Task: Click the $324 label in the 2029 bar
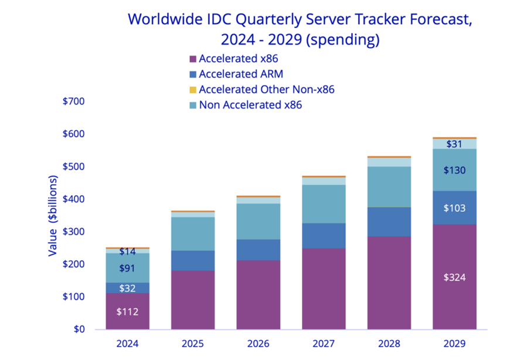(454, 277)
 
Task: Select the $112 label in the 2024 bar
(127, 311)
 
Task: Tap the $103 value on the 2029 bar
(454, 208)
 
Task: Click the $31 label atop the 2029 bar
(454, 144)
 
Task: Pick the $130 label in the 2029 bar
(454, 171)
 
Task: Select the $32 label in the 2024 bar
(127, 288)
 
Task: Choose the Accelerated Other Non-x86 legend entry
(266, 90)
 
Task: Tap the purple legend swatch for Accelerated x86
(192, 59)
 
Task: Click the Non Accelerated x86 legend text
(250, 105)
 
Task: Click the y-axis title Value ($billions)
(53, 215)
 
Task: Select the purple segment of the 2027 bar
(324, 288)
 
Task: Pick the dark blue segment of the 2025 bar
(193, 260)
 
